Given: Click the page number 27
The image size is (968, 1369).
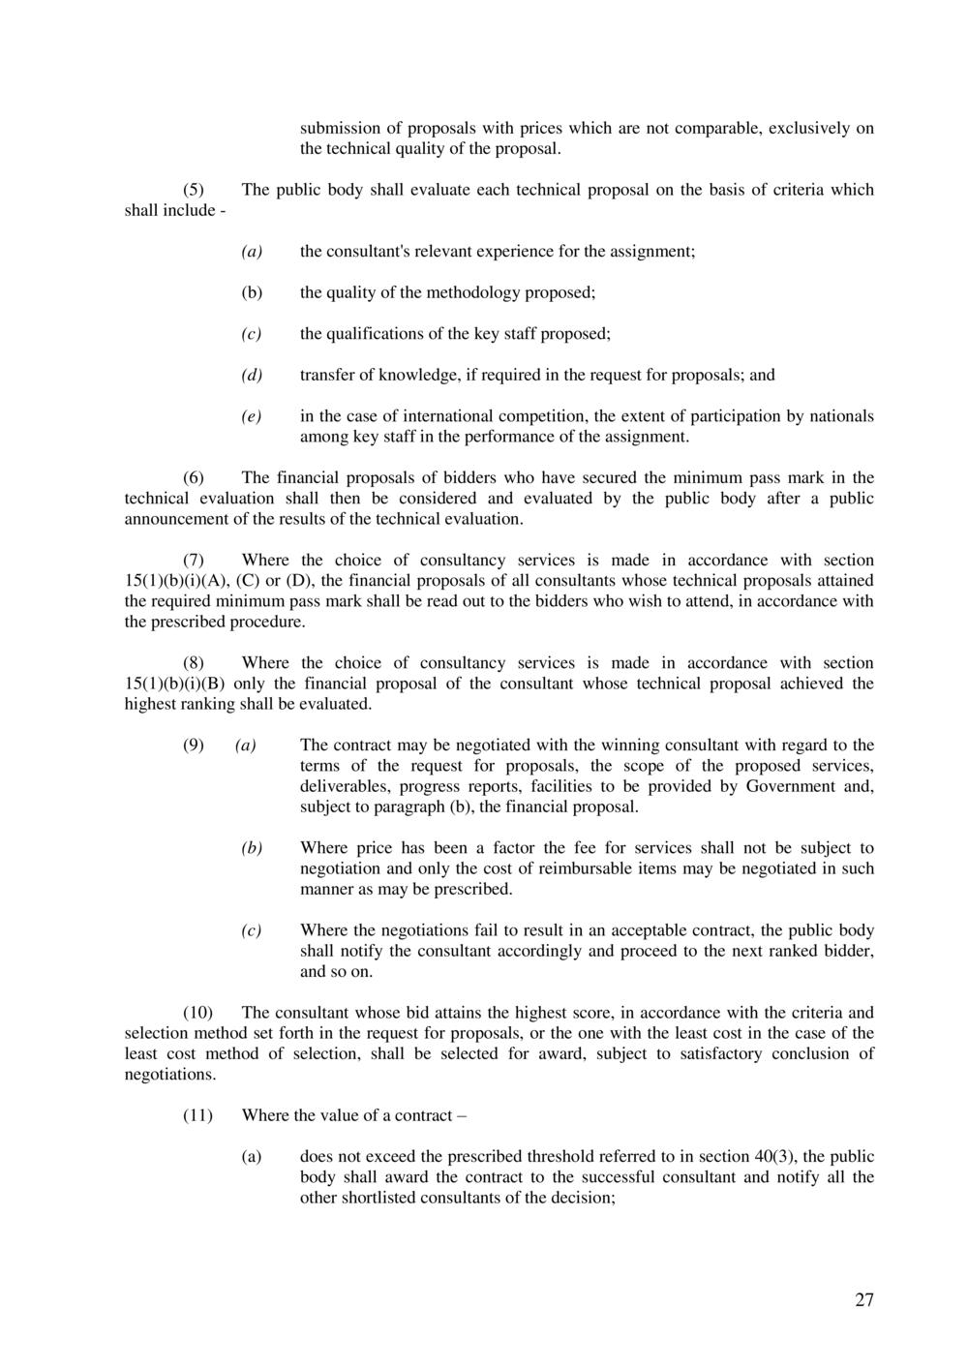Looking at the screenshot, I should point(863,1300).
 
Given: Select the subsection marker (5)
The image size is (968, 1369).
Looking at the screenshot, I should point(194,190).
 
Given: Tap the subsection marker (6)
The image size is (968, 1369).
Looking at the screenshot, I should point(194,477).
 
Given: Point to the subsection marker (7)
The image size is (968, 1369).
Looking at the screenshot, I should point(194,560).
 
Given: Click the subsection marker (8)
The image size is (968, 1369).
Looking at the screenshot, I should point(194,663).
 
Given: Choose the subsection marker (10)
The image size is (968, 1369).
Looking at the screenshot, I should point(197,1013).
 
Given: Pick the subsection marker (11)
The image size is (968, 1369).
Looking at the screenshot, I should point(197,1115).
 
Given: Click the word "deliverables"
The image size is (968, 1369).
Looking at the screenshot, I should point(346,786).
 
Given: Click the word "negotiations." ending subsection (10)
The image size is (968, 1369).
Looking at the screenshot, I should point(170,1075).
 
